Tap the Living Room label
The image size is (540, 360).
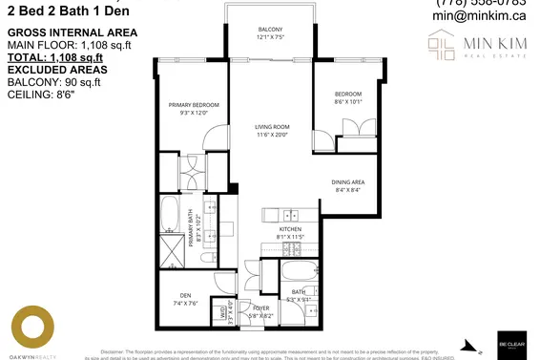(271, 126)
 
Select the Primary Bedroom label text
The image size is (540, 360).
(194, 104)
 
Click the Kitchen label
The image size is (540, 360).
(290, 230)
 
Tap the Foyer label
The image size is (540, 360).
(260, 307)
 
